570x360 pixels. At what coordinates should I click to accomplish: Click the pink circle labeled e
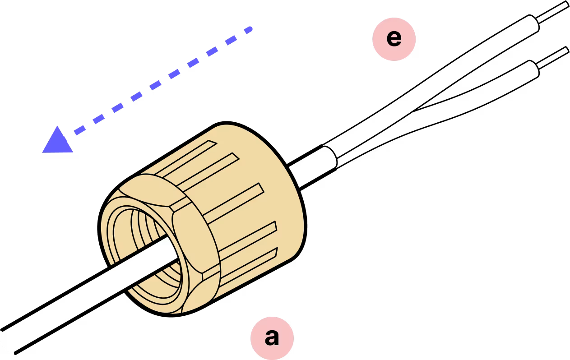pos(394,39)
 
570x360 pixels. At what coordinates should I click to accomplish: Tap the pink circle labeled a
pos(272,337)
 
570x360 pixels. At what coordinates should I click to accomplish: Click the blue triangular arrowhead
pos(58,141)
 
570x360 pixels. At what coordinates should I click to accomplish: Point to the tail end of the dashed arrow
pos(249,30)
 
